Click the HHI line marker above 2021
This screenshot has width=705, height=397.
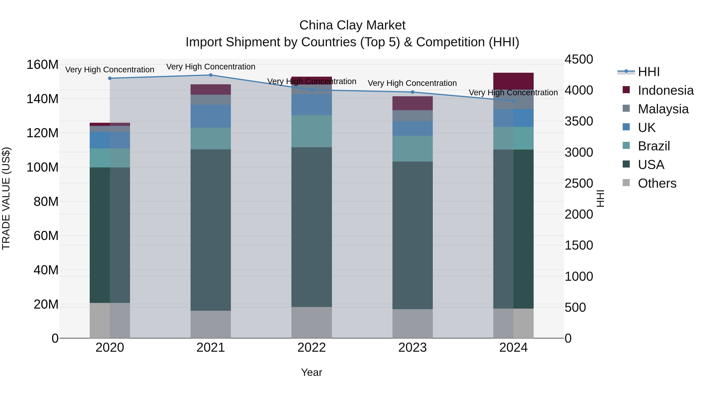tap(211, 75)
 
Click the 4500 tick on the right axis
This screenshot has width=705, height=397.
tap(579, 59)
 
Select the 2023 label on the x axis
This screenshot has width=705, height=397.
tap(412, 348)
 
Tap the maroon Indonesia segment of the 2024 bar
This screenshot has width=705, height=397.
tap(513, 81)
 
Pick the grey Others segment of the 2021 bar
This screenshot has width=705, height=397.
tap(211, 324)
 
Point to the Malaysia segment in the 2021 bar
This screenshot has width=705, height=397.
tap(211, 100)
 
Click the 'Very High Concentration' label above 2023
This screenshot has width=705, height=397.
tap(412, 83)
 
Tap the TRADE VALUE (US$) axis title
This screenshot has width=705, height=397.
tap(6, 198)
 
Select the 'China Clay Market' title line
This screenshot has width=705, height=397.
tap(352, 25)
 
